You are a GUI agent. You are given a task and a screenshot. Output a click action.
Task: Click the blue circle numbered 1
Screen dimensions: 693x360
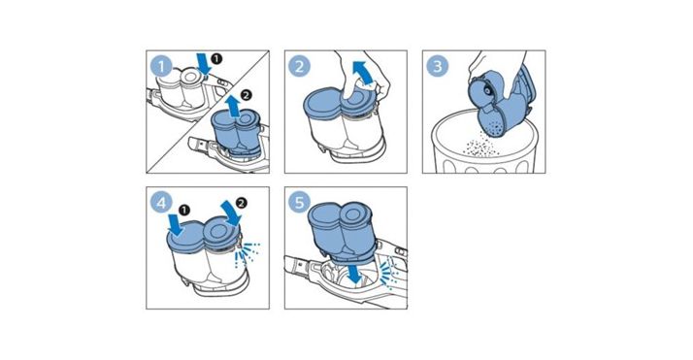pyautogui.click(x=162, y=67)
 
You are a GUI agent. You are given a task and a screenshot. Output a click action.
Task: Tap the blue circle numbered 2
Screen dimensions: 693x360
pyautogui.click(x=299, y=67)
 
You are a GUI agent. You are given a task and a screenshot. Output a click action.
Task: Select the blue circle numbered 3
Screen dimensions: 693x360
pyautogui.click(x=438, y=67)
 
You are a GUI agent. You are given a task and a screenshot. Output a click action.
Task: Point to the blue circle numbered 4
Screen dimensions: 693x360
pyautogui.click(x=161, y=203)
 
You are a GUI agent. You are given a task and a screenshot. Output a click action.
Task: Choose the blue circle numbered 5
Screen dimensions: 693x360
pyautogui.click(x=299, y=203)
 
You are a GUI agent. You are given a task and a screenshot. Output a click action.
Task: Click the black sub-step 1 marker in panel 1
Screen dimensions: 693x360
pyautogui.click(x=216, y=58)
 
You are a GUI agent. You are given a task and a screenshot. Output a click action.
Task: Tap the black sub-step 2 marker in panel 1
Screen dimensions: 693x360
pyautogui.click(x=246, y=94)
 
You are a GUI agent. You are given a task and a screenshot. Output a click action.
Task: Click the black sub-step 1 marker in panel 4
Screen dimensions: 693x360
pyautogui.click(x=184, y=210)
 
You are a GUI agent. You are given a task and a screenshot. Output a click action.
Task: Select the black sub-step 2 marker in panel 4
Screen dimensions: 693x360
pyautogui.click(x=241, y=203)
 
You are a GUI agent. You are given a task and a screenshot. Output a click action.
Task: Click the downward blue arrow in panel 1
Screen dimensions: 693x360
pyautogui.click(x=204, y=64)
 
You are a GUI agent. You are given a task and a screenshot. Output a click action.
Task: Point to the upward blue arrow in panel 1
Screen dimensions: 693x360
pyautogui.click(x=233, y=107)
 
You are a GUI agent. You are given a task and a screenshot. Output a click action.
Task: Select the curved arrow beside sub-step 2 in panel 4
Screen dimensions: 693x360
pyautogui.click(x=232, y=213)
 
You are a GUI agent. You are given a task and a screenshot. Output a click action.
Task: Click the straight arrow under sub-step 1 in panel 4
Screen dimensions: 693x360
pyautogui.click(x=177, y=226)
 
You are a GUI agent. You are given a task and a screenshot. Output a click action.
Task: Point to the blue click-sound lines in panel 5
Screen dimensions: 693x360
pyautogui.click(x=390, y=273)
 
